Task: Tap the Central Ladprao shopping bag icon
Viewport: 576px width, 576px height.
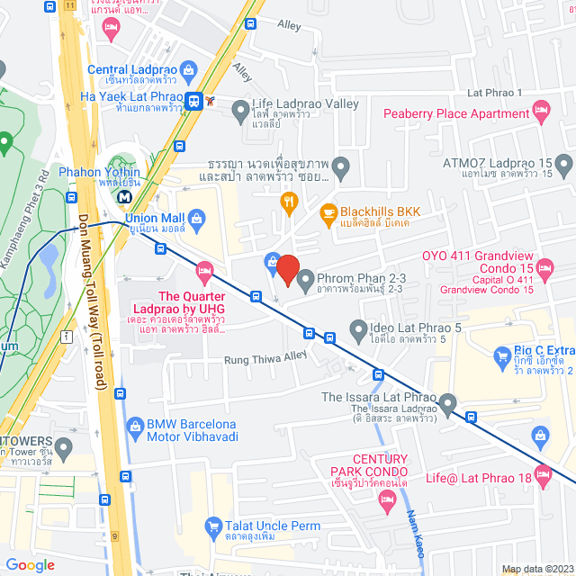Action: pos(189,69)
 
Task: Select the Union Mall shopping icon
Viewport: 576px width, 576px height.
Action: pos(198,218)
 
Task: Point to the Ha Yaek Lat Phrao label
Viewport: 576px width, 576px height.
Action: pos(130,96)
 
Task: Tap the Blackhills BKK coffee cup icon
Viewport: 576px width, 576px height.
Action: pos(328,211)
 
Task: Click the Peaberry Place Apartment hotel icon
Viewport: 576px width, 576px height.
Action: pos(541,113)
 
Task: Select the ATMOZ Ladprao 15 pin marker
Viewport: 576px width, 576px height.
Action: pos(564,164)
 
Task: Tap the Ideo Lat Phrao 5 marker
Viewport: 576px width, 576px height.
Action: pos(358,329)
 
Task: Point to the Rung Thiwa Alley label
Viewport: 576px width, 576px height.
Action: pos(265,358)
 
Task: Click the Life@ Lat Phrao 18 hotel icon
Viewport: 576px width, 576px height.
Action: pos(542,473)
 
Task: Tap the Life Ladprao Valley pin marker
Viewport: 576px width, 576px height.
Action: pos(239,112)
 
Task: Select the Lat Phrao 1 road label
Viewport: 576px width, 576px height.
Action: pos(495,94)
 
